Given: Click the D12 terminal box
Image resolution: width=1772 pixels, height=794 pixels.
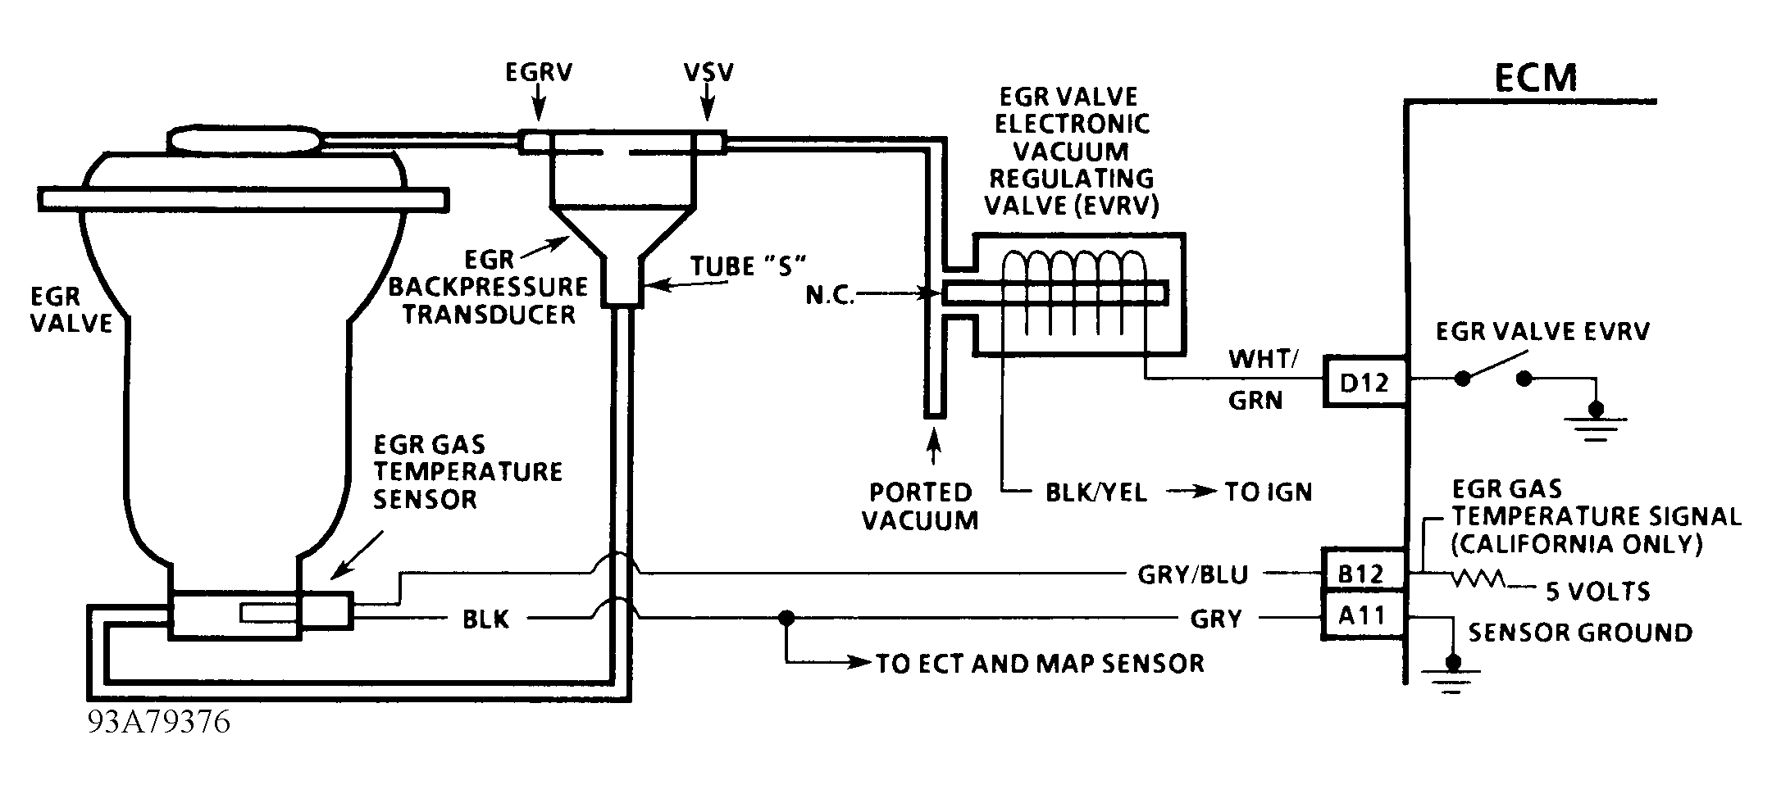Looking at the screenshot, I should [1363, 381].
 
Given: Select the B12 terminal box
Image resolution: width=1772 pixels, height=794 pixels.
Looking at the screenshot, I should [1361, 574].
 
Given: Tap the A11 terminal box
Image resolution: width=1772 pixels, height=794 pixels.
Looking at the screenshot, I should [1361, 615].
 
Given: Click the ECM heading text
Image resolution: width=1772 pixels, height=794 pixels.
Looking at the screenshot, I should [1535, 78].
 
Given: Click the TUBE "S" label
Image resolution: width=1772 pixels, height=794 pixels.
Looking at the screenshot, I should [748, 266].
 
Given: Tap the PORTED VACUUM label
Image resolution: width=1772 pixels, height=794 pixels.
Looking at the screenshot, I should [920, 506].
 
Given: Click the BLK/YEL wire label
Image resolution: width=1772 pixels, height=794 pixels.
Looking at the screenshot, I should [1096, 492].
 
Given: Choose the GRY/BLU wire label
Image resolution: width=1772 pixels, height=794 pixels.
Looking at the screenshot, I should [1192, 575].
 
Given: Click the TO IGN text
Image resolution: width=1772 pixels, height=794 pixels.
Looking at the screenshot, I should [1268, 492].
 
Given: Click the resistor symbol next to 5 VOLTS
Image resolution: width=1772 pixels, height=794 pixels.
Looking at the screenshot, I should [1477, 579].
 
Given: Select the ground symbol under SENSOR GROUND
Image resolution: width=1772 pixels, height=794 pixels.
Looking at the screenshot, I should [1452, 674].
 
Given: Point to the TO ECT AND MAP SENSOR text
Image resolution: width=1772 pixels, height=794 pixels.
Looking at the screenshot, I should [1040, 663].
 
